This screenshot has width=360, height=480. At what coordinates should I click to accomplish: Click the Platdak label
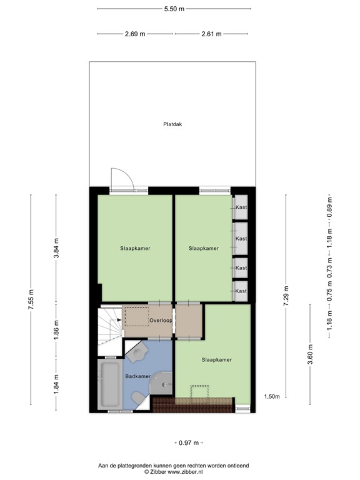(172, 124)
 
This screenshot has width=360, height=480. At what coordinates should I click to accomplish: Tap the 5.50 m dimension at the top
(174, 9)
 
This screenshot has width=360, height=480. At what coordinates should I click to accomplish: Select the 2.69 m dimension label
(135, 34)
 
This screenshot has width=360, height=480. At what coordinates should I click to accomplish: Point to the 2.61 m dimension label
(211, 34)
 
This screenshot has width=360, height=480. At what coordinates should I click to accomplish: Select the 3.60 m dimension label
(311, 353)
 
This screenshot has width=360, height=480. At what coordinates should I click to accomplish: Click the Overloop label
(160, 321)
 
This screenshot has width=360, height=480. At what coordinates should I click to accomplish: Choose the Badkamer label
(137, 376)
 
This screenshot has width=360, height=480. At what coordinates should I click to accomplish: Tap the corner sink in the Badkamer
(137, 353)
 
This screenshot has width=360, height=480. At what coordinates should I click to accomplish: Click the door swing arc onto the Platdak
(121, 177)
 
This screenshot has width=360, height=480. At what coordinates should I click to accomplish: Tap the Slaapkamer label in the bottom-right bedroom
(217, 360)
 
